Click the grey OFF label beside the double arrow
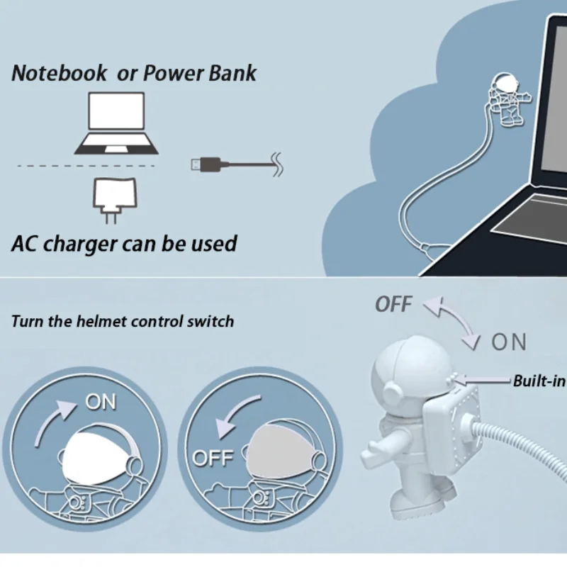click(x=393, y=305)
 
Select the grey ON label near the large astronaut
click(x=509, y=342)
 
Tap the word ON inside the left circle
click(x=101, y=402)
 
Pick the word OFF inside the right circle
click(x=213, y=457)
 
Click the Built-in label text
click(x=539, y=381)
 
